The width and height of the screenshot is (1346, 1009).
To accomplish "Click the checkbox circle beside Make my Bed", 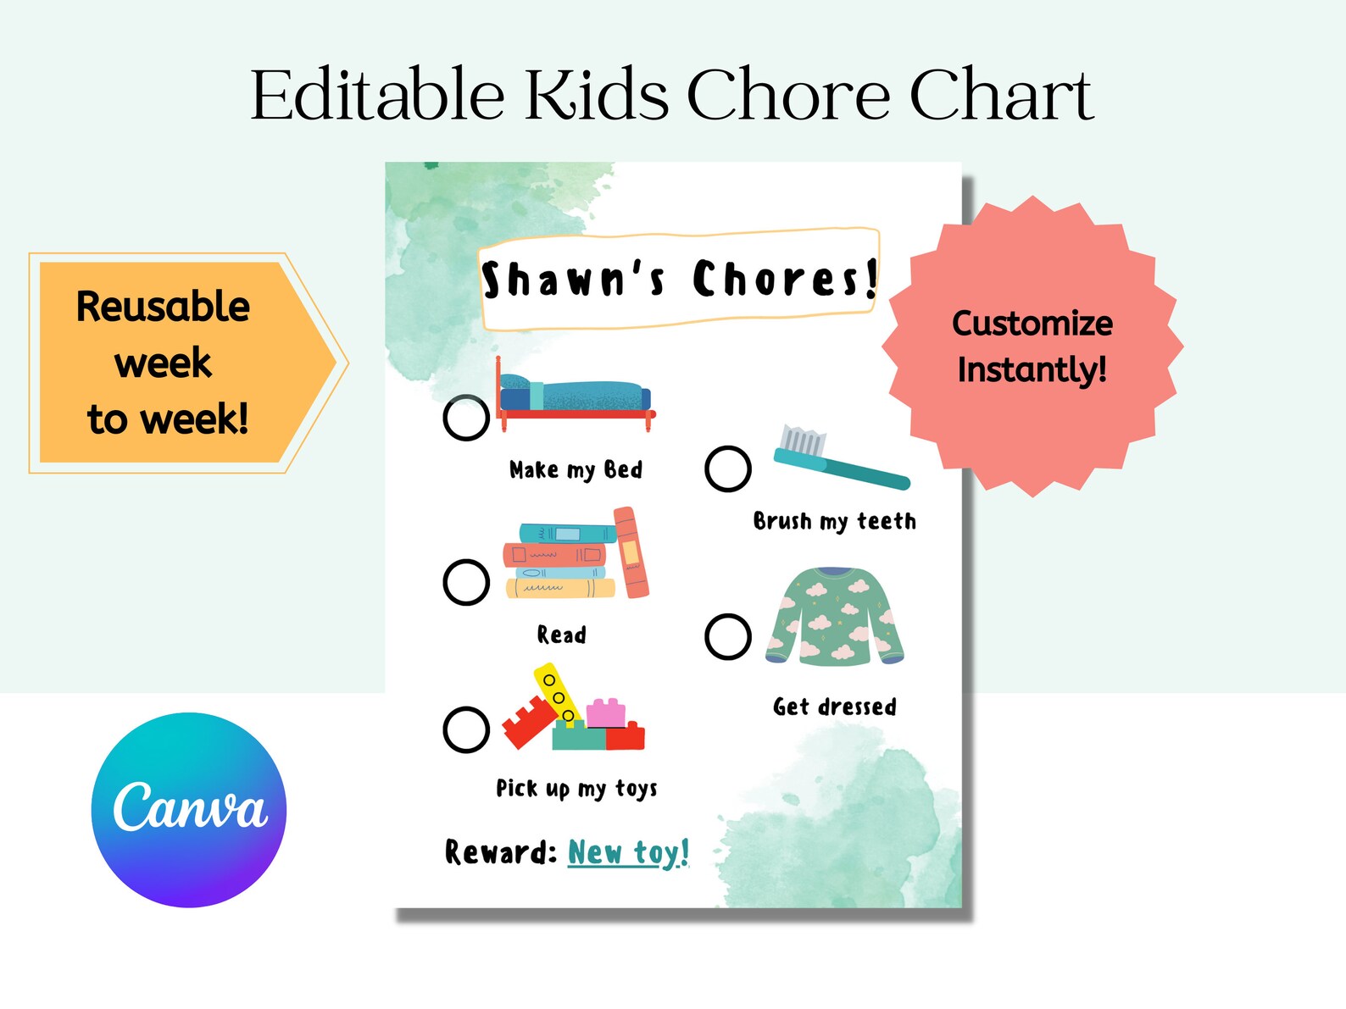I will pos(466,418).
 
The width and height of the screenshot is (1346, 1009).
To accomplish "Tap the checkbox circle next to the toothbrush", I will pos(728,468).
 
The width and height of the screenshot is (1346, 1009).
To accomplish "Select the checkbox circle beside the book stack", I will pos(466,582).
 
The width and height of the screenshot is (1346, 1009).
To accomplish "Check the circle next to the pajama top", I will pos(728,636).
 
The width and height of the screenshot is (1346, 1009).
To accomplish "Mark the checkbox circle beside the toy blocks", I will pos(466,729).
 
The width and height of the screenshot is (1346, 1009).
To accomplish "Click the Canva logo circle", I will pos(189,810).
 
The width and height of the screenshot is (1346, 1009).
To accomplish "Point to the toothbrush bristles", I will pos(802,441).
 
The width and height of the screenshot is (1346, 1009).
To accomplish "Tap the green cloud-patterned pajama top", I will pos(835,616).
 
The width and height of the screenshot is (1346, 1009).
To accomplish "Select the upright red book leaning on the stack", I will pos(631,552).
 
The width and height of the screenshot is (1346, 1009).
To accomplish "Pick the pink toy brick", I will pos(605,713).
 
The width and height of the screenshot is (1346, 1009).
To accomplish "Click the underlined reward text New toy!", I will pos(628,852).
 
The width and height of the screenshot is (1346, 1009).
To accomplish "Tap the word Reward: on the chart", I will pos(500,852).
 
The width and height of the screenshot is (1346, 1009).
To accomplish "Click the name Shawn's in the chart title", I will pos(573,280).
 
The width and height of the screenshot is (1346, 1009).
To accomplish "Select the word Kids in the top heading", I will pos(597,95).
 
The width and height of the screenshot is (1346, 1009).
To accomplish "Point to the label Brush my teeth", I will pos(834,521).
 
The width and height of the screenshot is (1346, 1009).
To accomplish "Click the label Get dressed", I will pos(834,707).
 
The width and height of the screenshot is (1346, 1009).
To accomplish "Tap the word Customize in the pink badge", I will pos(1032,324).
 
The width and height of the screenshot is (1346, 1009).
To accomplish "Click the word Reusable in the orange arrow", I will pos(163,307).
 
